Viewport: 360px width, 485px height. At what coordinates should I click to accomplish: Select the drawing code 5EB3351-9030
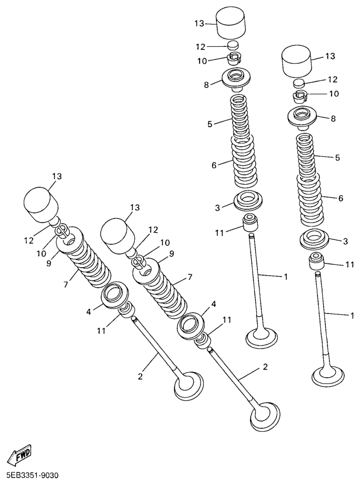[29, 475]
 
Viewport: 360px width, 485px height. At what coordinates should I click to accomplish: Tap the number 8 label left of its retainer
[207, 85]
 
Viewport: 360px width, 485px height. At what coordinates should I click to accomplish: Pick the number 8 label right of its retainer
[333, 118]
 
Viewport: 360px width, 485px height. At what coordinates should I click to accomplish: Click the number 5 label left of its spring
[210, 124]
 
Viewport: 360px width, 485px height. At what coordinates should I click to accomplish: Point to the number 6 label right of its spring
[341, 198]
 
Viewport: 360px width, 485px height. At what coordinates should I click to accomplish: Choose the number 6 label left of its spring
[214, 166]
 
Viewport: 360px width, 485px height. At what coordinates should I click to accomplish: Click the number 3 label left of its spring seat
[217, 208]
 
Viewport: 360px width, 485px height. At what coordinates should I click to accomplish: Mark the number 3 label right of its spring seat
[346, 241]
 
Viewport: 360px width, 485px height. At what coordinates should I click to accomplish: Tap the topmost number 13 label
[199, 23]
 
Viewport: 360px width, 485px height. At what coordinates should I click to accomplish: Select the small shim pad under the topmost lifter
[233, 45]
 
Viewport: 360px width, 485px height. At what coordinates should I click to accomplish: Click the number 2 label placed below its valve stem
[141, 377]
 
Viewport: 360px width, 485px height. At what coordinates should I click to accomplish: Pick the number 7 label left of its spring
[66, 284]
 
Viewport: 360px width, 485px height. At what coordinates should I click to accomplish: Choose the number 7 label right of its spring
[190, 277]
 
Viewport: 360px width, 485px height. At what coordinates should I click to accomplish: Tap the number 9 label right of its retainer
[172, 254]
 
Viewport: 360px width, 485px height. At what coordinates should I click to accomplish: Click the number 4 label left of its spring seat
[89, 312]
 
